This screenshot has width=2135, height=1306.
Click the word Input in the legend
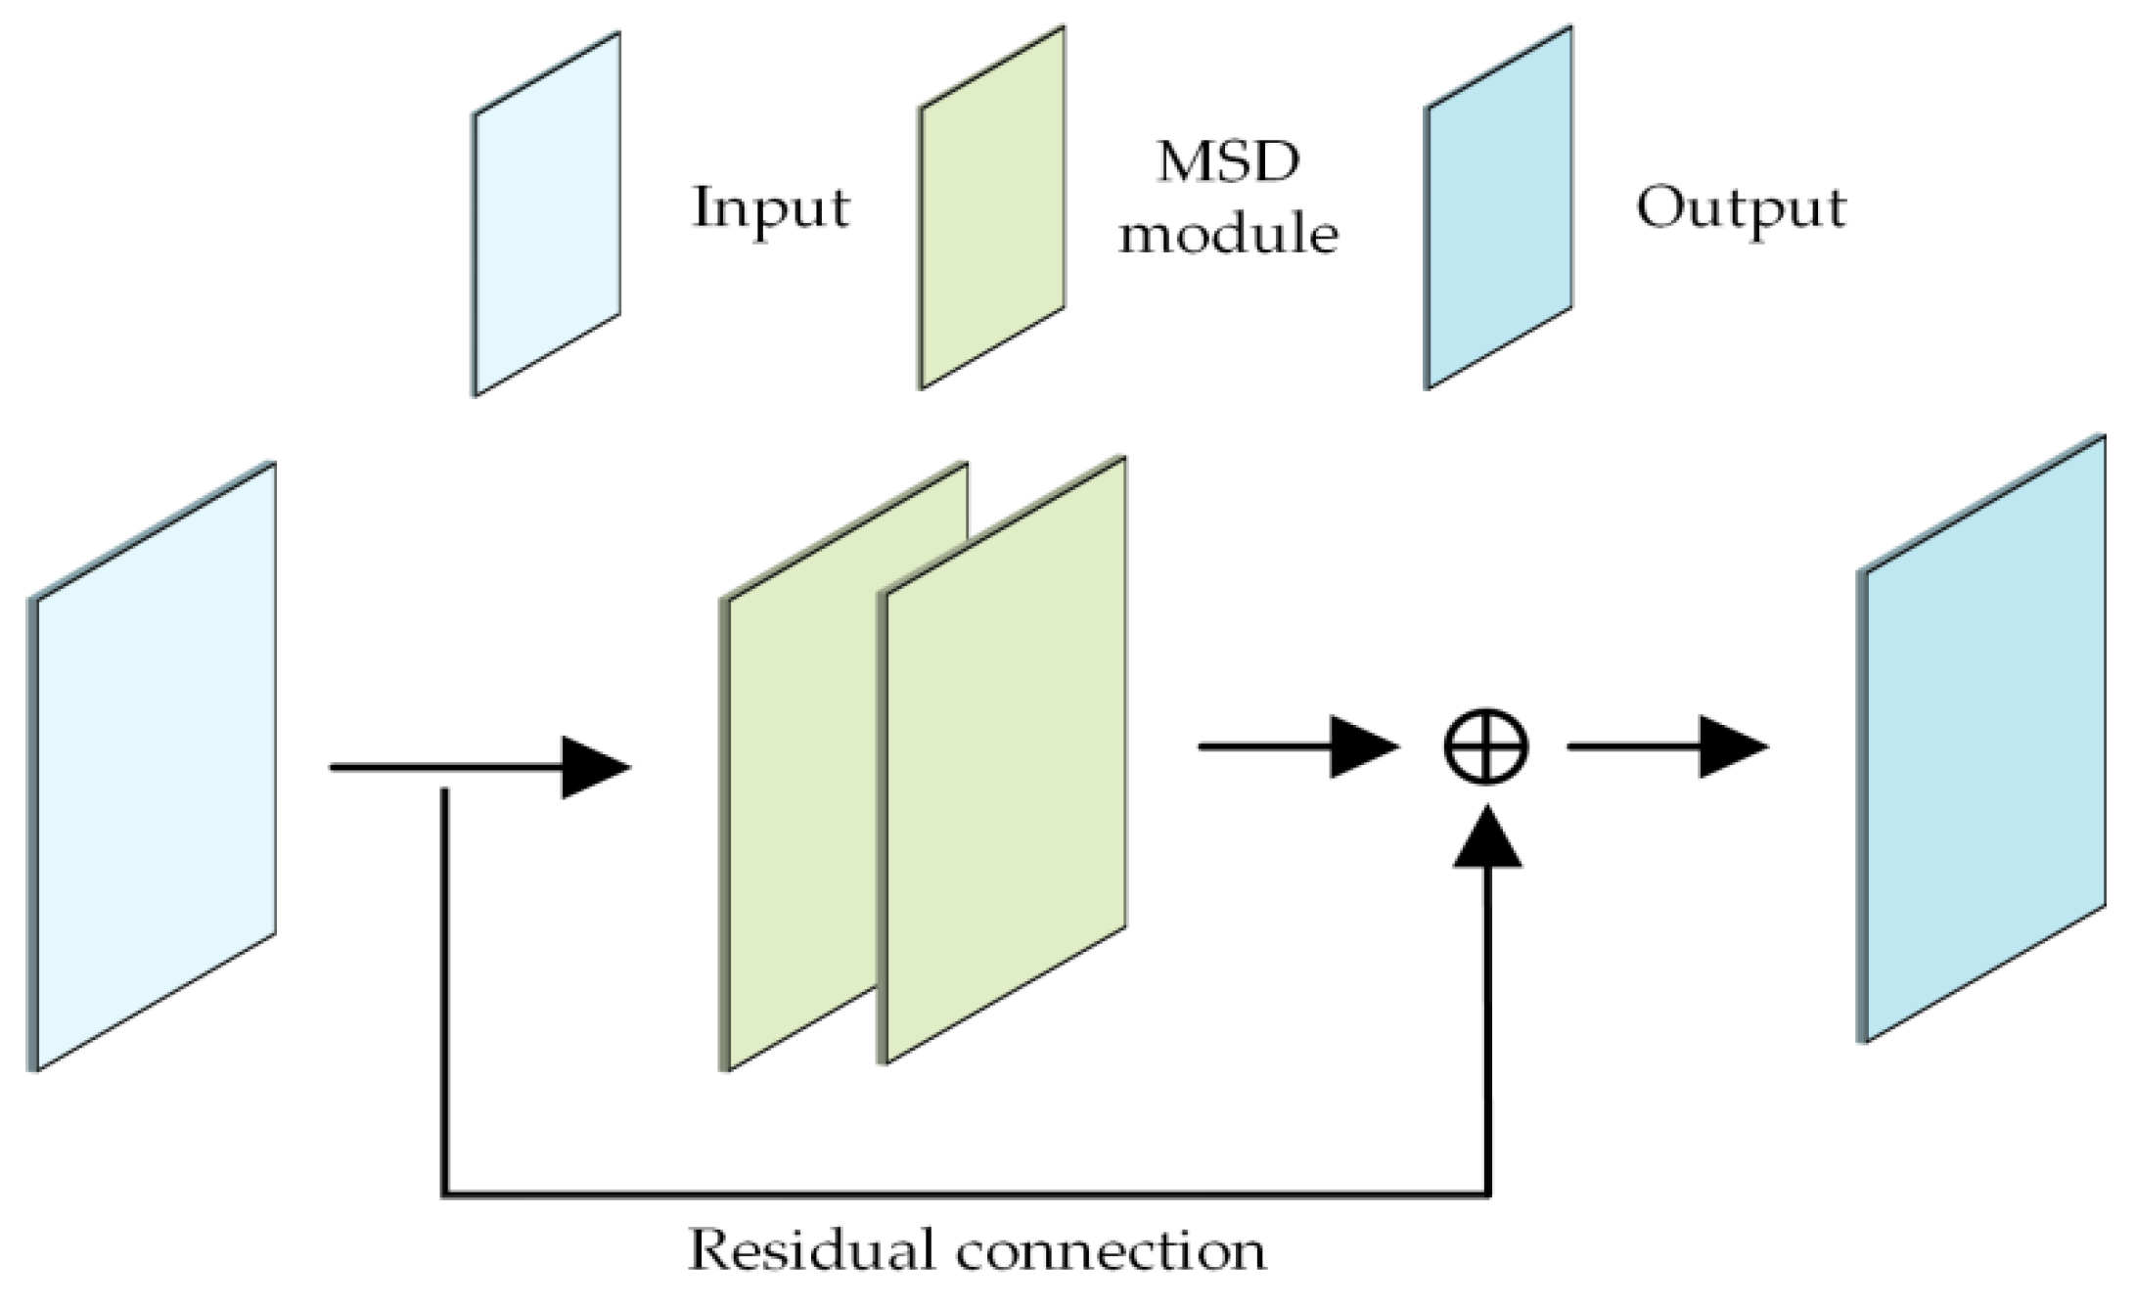pyautogui.click(x=771, y=208)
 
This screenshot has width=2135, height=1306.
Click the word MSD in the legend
pyautogui.click(x=1228, y=162)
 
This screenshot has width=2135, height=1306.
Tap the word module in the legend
pyautogui.click(x=1228, y=235)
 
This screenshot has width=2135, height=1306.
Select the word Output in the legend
pyautogui.click(x=1741, y=208)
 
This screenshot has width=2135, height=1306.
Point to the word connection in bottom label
pyautogui.click(x=1112, y=1251)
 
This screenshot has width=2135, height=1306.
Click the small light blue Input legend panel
pyautogui.click(x=547, y=214)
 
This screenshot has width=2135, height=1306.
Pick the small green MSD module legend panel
pyautogui.click(x=991, y=207)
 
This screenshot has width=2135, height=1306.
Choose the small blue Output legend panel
pyautogui.click(x=1498, y=207)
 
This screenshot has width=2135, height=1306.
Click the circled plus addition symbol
pyautogui.click(x=1485, y=747)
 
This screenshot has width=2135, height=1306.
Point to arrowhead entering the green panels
pyautogui.click(x=593, y=767)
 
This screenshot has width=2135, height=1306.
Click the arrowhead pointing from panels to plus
pyautogui.click(x=1362, y=747)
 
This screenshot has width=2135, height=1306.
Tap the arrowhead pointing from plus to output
pyautogui.click(x=1731, y=747)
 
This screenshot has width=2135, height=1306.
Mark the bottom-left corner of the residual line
pyautogui.click(x=445, y=1193)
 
